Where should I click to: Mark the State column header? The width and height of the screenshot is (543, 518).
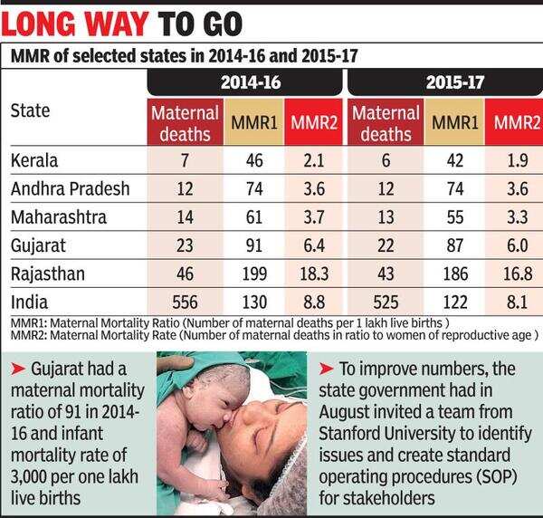pos(30,112)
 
